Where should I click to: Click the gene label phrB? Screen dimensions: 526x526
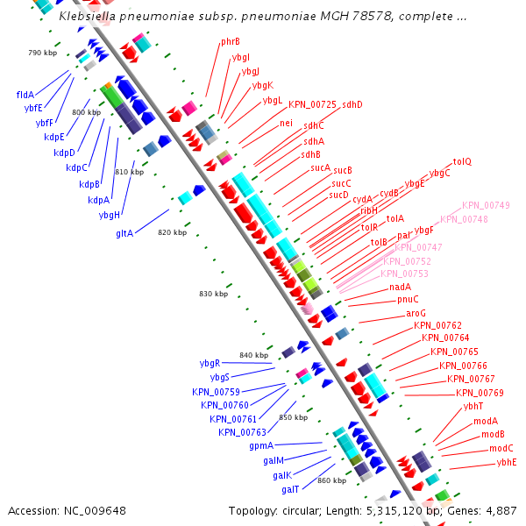pos(231,41)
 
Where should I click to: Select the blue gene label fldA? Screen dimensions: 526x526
pos(25,95)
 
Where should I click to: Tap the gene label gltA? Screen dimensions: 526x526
pos(124,233)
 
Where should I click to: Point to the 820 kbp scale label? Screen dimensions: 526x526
pos(172,232)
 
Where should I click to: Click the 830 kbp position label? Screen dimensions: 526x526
pos(213,294)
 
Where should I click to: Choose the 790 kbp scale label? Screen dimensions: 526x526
pos(42,53)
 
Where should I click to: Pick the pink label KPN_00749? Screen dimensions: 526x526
pos(486,205)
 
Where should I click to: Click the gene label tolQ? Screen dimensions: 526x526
pos(462,162)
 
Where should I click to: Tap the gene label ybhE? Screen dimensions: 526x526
pos(507,462)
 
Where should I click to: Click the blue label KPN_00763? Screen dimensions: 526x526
pos(242,432)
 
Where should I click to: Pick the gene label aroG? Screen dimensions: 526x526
pos(416,313)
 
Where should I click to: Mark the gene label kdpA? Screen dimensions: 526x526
pos(98,200)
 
